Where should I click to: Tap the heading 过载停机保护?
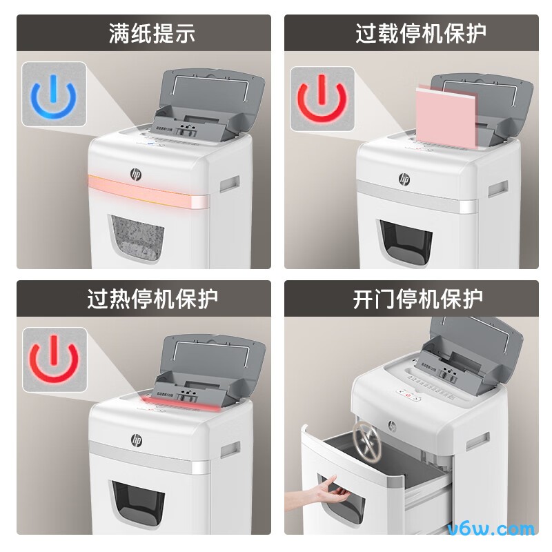tap(421, 33)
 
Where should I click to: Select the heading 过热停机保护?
tap(152, 298)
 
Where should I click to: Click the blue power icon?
tap(54, 94)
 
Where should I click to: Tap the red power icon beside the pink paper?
tap(322, 99)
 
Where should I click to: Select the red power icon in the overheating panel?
tap(54, 359)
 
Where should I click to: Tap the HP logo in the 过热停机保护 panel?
tap(136, 439)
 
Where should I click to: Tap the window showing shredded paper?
tap(136, 239)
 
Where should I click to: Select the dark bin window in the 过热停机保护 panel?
tap(138, 504)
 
